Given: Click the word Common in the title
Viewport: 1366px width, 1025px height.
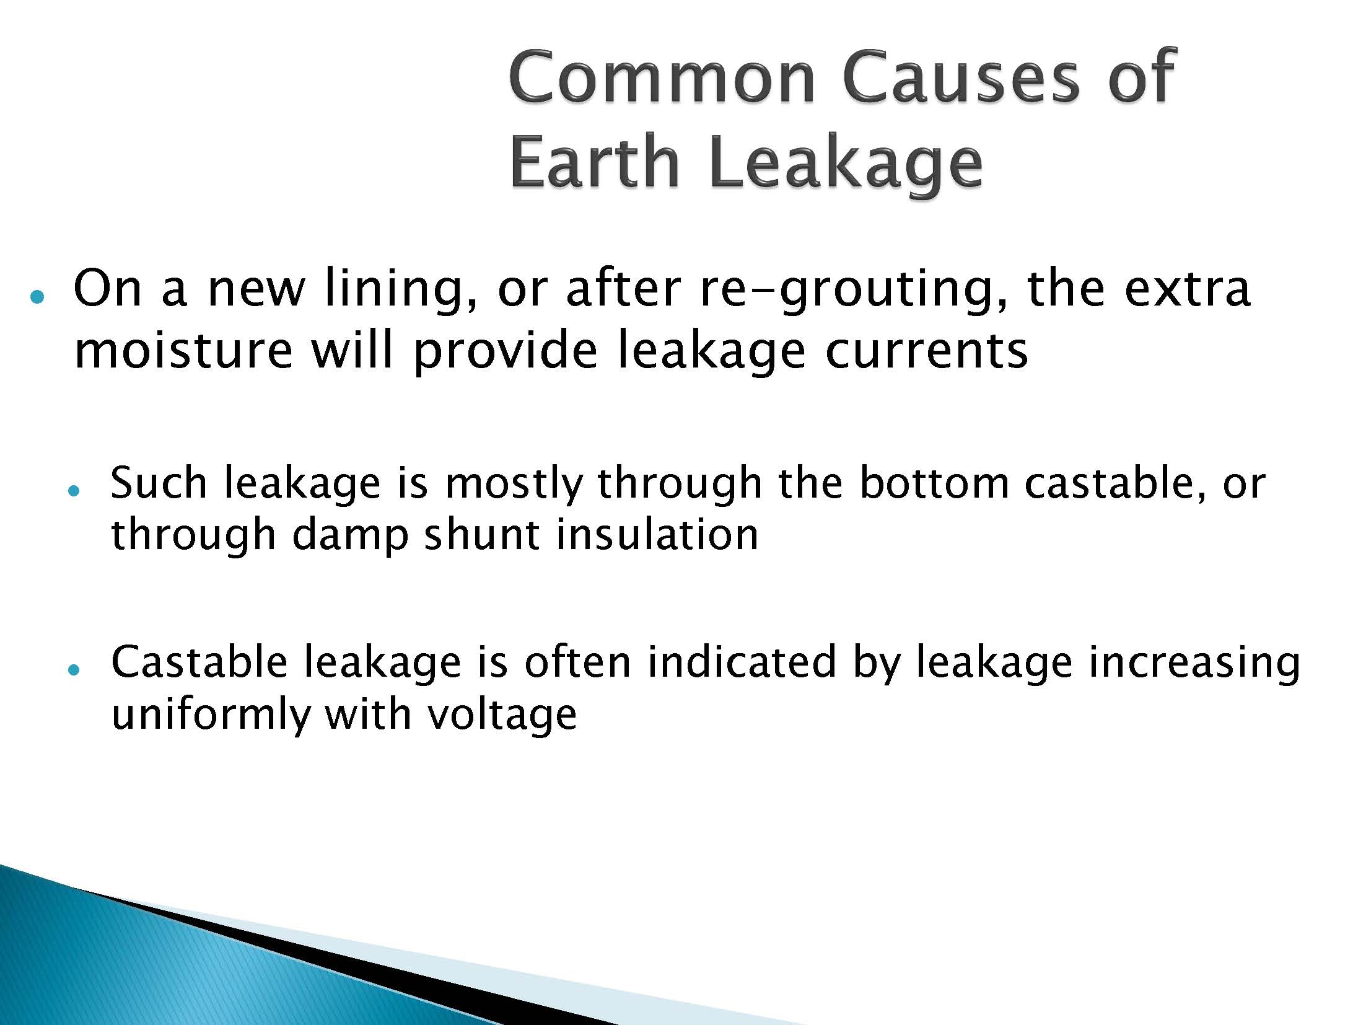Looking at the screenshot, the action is pos(661,77).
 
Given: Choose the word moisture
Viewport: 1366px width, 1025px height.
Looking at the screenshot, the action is pos(183,350).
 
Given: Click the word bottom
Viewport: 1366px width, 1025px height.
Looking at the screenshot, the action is pos(934,483).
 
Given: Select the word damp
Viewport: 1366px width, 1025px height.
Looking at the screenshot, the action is pos(349,536).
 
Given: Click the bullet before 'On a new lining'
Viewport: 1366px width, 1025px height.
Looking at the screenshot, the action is pos(37,297).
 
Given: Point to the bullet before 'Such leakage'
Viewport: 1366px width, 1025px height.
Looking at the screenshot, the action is pos(74,489).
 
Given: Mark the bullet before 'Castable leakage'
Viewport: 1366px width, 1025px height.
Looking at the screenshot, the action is pos(74,670).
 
